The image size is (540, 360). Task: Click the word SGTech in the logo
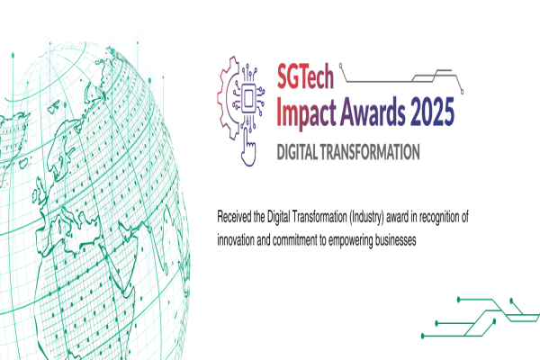305,76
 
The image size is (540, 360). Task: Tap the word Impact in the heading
307,112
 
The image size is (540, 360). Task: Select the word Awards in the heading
373,111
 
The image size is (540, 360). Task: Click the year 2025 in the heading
433,112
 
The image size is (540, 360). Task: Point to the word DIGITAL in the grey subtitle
297,152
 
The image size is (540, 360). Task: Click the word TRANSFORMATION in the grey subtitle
370,152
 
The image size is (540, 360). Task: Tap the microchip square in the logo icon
248,98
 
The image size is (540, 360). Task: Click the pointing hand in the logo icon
248,148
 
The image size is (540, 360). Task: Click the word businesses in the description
395,239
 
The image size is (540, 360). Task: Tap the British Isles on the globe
40,191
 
